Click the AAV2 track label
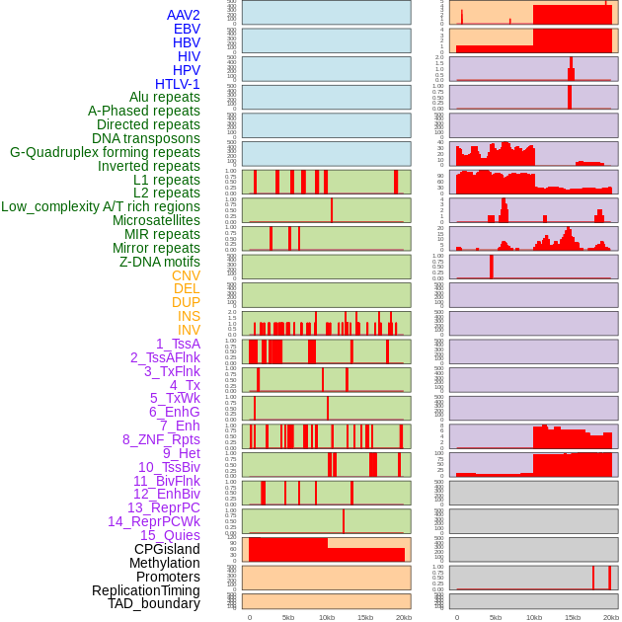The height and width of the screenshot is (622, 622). point(184,15)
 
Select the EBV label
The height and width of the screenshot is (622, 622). point(187,29)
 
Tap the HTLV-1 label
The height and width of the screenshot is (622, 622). point(178,84)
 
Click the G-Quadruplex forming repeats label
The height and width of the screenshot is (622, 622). point(105,152)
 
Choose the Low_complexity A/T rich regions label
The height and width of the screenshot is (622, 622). point(101,206)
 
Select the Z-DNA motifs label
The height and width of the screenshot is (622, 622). point(160,262)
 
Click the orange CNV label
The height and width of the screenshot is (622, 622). point(186,275)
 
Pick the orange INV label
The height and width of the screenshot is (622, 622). point(189,330)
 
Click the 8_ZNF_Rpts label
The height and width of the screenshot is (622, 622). point(161,439)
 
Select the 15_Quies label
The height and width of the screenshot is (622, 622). point(170,535)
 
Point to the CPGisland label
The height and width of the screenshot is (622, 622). point(167,549)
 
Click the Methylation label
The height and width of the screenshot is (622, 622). point(165,563)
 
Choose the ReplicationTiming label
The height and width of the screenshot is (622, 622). point(146,590)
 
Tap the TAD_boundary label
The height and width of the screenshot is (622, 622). point(154,603)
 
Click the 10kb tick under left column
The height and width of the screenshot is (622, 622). point(327,617)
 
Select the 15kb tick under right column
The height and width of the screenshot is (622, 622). point(573,617)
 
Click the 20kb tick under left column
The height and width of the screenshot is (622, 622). point(403,617)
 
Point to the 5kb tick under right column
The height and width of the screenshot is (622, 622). point(496,617)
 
